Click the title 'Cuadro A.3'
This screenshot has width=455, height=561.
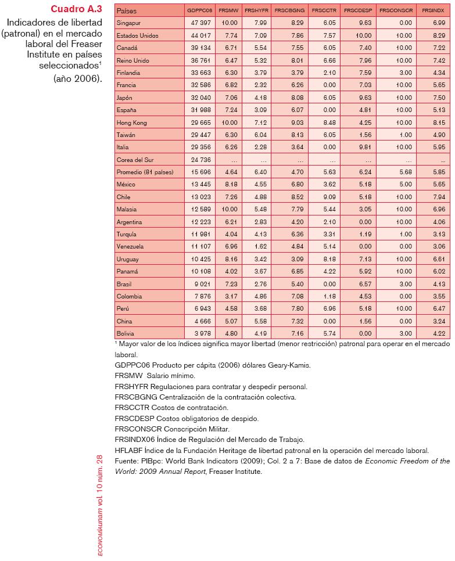point(76,9)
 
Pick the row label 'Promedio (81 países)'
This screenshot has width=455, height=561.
point(145,172)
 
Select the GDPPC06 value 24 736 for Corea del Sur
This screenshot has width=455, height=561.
point(199,160)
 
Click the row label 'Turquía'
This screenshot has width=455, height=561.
point(127,235)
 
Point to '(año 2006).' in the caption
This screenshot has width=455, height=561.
point(77,78)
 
